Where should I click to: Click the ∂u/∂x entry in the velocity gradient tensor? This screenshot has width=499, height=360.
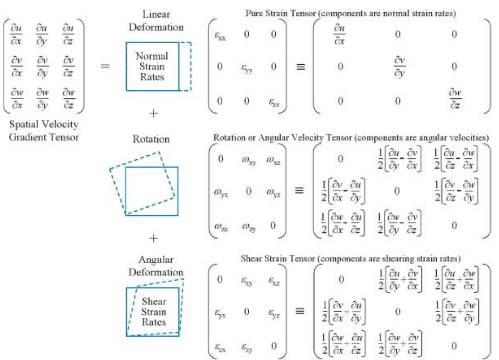(16, 34)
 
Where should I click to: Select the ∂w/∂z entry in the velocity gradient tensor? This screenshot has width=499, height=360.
(68, 98)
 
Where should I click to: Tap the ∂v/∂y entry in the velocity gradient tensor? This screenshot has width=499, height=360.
(42, 66)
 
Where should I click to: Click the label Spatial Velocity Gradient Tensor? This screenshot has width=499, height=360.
(44, 130)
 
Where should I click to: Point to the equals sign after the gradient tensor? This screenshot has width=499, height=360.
(105, 66)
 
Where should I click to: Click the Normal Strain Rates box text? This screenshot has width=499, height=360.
(152, 66)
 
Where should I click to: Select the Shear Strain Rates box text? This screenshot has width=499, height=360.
(154, 312)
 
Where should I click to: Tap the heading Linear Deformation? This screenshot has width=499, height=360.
(156, 20)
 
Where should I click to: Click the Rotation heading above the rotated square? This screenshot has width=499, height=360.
(151, 139)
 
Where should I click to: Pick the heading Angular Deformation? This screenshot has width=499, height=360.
(156, 266)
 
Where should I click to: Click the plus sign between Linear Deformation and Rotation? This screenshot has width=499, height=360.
(153, 113)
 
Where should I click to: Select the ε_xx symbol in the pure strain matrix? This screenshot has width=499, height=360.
(220, 35)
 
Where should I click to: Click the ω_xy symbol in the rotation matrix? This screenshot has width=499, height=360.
(249, 160)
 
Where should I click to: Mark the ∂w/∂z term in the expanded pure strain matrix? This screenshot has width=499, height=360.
(455, 98)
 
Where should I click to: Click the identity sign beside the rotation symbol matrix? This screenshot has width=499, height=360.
(299, 190)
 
